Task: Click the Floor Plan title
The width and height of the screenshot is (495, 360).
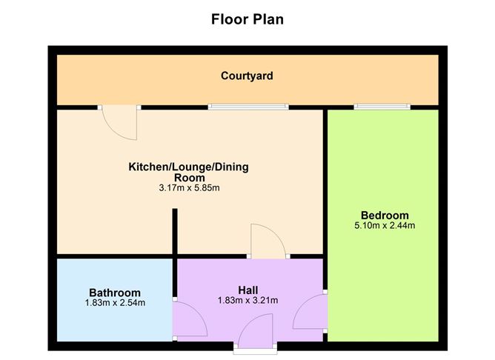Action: (x=247, y=19)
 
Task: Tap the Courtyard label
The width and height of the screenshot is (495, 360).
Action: (x=247, y=76)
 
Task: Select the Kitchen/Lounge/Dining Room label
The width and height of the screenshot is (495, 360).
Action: (x=189, y=172)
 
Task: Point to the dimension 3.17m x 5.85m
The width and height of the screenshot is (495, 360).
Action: (x=189, y=188)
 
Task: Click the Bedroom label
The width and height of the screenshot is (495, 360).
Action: (x=383, y=216)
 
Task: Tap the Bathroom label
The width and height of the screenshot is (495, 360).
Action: (x=115, y=293)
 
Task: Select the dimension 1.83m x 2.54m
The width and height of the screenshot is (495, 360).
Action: (x=115, y=302)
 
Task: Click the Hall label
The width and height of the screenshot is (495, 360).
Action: (x=248, y=289)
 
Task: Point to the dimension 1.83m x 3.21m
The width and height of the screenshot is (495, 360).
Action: (x=248, y=300)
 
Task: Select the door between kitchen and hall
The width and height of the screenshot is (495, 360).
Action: (x=269, y=241)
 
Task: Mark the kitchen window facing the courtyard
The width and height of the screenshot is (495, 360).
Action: (x=247, y=107)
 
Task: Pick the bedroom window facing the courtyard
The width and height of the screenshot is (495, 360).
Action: (x=382, y=107)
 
